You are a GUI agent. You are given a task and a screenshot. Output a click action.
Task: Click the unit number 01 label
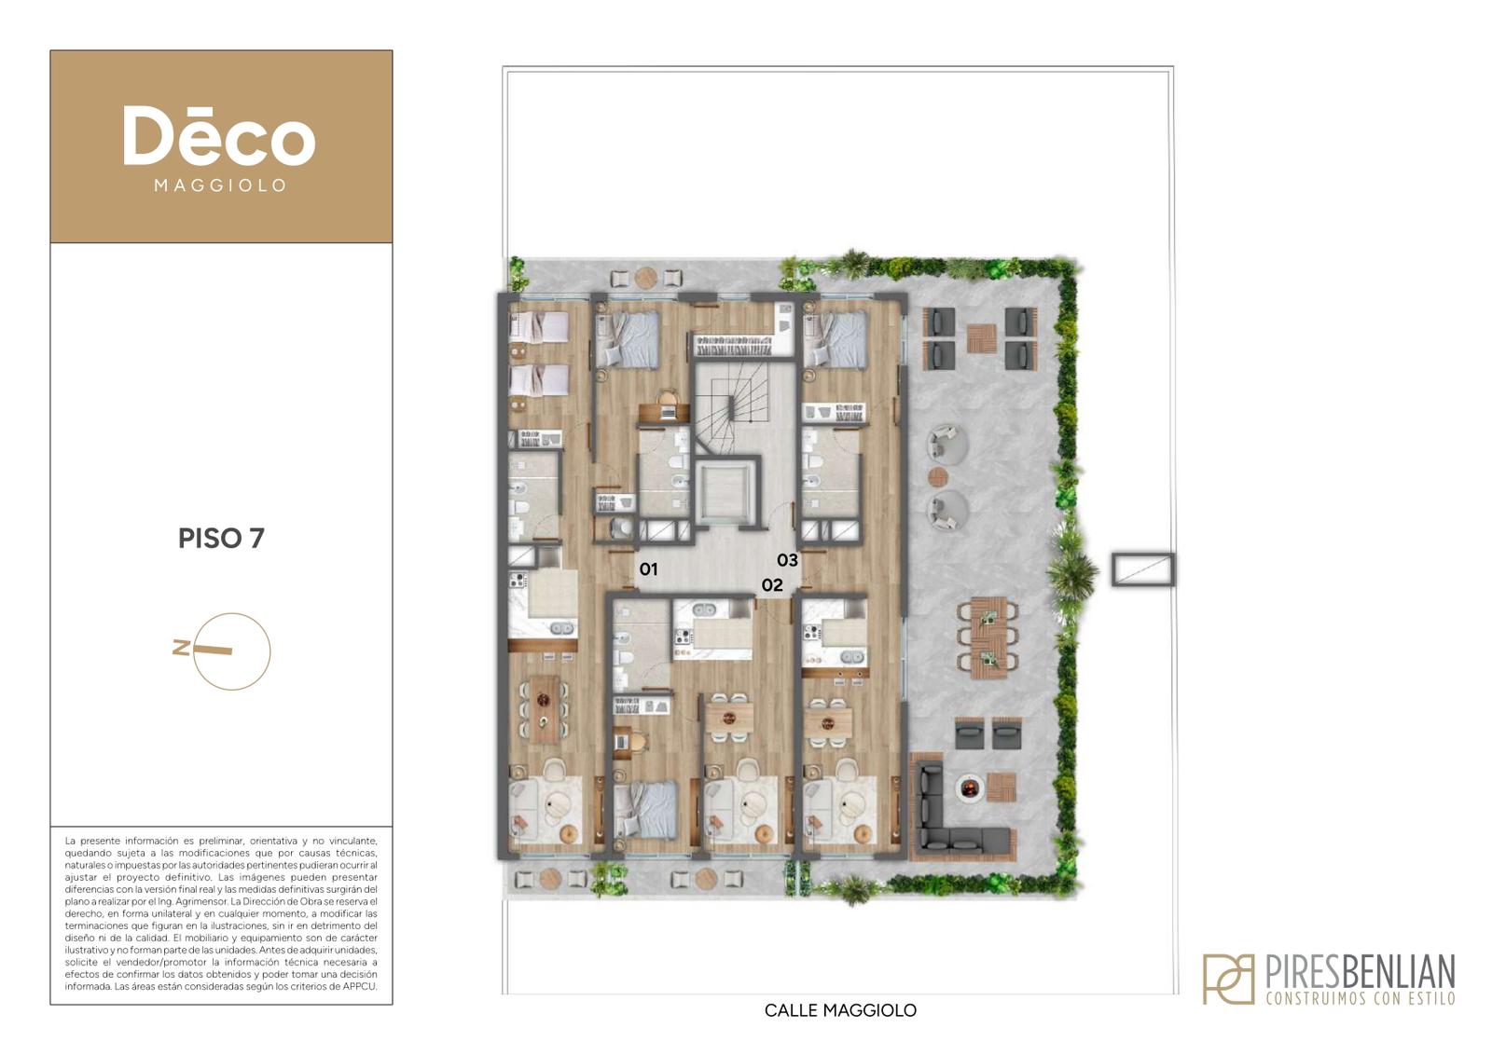coord(648,569)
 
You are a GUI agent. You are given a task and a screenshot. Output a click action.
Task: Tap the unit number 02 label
coord(772,585)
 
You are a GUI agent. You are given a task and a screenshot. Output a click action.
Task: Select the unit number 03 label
coord(787,560)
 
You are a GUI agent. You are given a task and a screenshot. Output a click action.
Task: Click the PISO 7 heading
coord(221,539)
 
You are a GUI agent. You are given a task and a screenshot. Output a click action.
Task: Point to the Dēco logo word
coord(219,136)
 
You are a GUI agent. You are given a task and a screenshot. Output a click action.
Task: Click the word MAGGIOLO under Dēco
coord(220,185)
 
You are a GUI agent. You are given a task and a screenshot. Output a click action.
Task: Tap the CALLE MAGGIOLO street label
coord(840,1010)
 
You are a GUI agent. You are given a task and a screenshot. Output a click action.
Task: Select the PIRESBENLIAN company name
coord(1360,971)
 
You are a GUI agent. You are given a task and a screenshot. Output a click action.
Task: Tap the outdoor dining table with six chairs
coord(988,637)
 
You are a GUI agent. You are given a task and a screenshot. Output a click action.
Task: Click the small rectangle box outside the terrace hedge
coord(1143,569)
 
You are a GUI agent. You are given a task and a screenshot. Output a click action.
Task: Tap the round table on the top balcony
coord(645,278)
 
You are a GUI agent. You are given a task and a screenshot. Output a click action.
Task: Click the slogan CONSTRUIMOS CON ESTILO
coord(1361,998)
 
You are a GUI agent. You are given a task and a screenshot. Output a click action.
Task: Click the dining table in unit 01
coord(544,709)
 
